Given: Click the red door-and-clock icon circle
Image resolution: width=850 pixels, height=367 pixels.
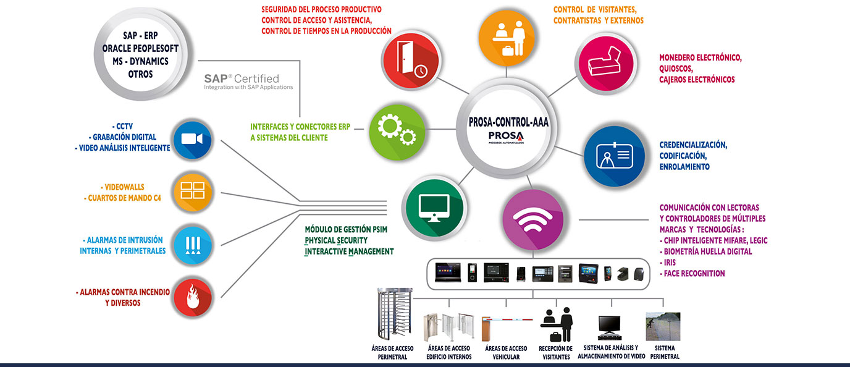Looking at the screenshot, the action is point(411,61).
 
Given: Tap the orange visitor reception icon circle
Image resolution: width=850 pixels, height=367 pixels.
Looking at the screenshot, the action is point(506,38).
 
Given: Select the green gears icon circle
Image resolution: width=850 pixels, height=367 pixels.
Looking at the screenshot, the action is point(397,132).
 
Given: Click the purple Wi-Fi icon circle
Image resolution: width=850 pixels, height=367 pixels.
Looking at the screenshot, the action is point(532,219).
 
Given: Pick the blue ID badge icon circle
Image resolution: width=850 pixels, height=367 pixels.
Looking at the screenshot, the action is point(615,156).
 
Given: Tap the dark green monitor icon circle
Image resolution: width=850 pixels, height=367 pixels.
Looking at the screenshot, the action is point(434,208).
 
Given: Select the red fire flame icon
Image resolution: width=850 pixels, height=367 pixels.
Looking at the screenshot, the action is point(192,298).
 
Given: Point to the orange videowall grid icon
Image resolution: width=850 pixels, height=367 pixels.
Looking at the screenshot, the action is point(192,192).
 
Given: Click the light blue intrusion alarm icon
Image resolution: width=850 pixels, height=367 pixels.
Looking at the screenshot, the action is point(192,245).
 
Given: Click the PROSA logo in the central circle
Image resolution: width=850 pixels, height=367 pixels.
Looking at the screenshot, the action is point(506,137).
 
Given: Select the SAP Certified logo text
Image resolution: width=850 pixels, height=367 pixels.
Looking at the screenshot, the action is point(248,82).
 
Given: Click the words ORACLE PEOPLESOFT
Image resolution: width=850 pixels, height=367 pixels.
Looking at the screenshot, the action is point(140,48).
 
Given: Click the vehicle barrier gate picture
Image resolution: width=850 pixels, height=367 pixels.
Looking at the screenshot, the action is point(507,328).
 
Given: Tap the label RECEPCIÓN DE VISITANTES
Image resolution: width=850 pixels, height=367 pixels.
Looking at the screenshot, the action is point(556,353).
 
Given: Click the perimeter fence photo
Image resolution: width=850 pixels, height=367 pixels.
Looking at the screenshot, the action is point(663,326).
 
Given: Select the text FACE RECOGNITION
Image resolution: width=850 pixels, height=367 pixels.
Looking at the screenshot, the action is point(694,273).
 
